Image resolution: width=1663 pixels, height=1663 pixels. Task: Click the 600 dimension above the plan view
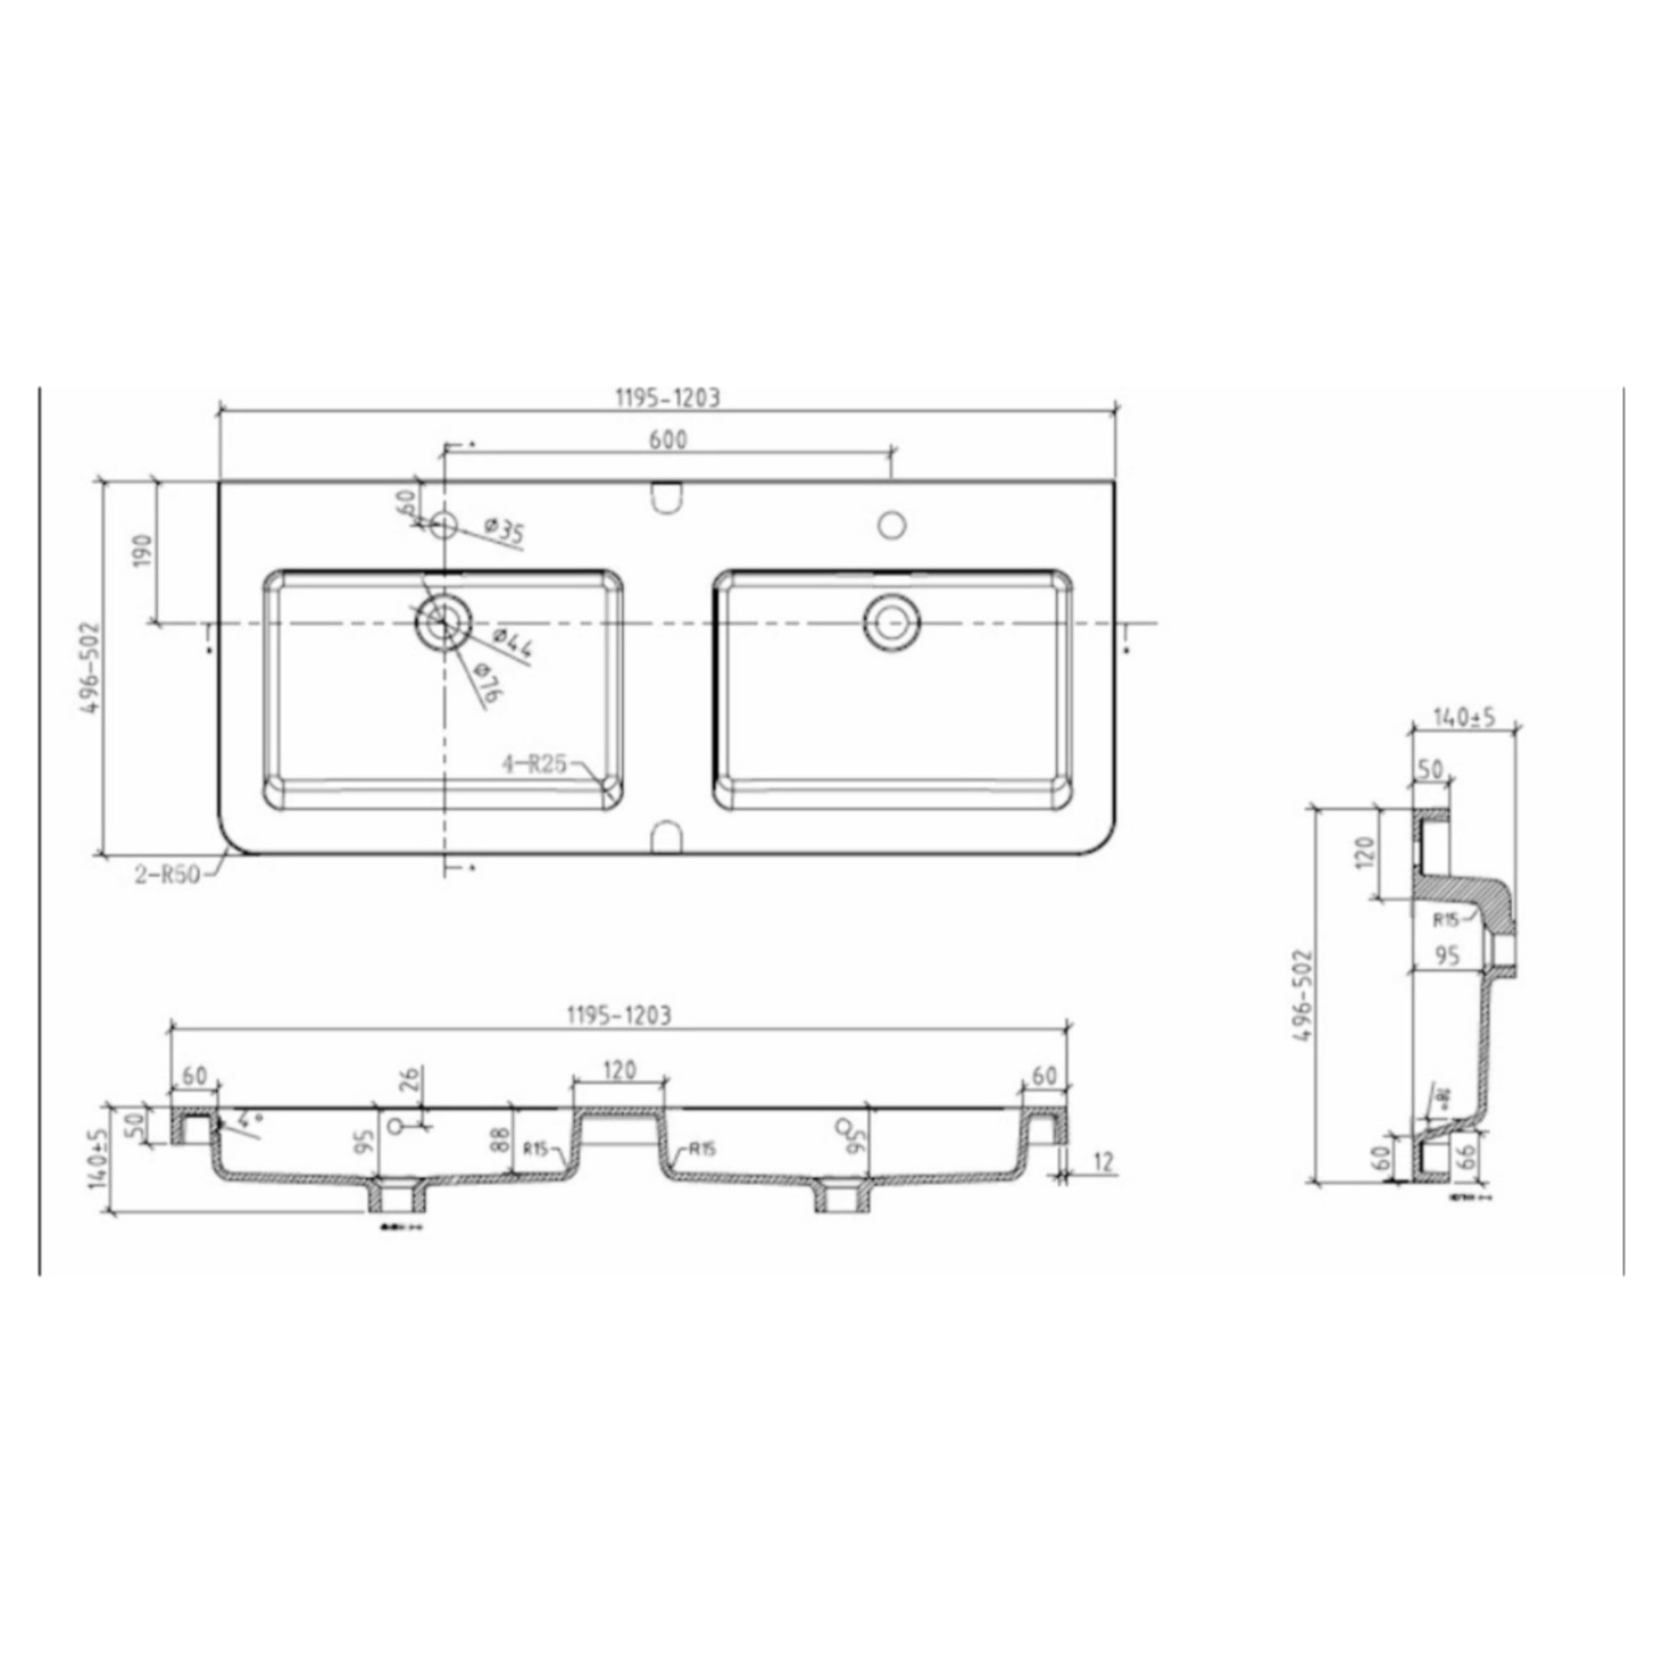pos(667,439)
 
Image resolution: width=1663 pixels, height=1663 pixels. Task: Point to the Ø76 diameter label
pos(487,685)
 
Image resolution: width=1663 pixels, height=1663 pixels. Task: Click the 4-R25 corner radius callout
pos(534,763)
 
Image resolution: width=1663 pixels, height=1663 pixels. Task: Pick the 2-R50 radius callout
pos(167,875)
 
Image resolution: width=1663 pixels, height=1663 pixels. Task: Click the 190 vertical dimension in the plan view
pos(143,551)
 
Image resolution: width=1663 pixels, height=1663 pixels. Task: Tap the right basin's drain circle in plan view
pos(892,620)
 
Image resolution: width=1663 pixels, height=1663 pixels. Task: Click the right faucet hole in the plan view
pos(892,524)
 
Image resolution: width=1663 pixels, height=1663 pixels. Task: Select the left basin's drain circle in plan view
pos(443,620)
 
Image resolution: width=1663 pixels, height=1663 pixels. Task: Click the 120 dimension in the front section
pos(619,1070)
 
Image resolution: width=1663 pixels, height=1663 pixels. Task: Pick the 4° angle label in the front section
pos(250,1119)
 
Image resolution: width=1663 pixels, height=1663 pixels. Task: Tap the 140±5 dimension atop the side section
pos(1464,717)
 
